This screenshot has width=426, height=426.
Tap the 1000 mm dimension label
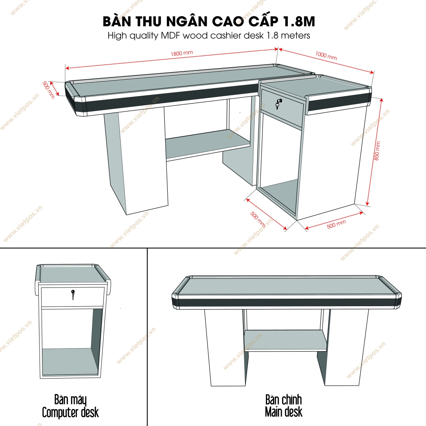click(326, 56)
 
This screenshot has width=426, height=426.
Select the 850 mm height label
click(377, 151)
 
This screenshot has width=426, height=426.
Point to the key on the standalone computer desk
click(73, 295)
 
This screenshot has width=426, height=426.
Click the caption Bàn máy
click(70, 400)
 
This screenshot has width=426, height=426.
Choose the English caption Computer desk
click(70, 413)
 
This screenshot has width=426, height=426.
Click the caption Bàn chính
click(283, 400)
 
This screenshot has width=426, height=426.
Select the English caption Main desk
click(283, 413)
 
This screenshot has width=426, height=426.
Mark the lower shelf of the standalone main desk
click(285, 340)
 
